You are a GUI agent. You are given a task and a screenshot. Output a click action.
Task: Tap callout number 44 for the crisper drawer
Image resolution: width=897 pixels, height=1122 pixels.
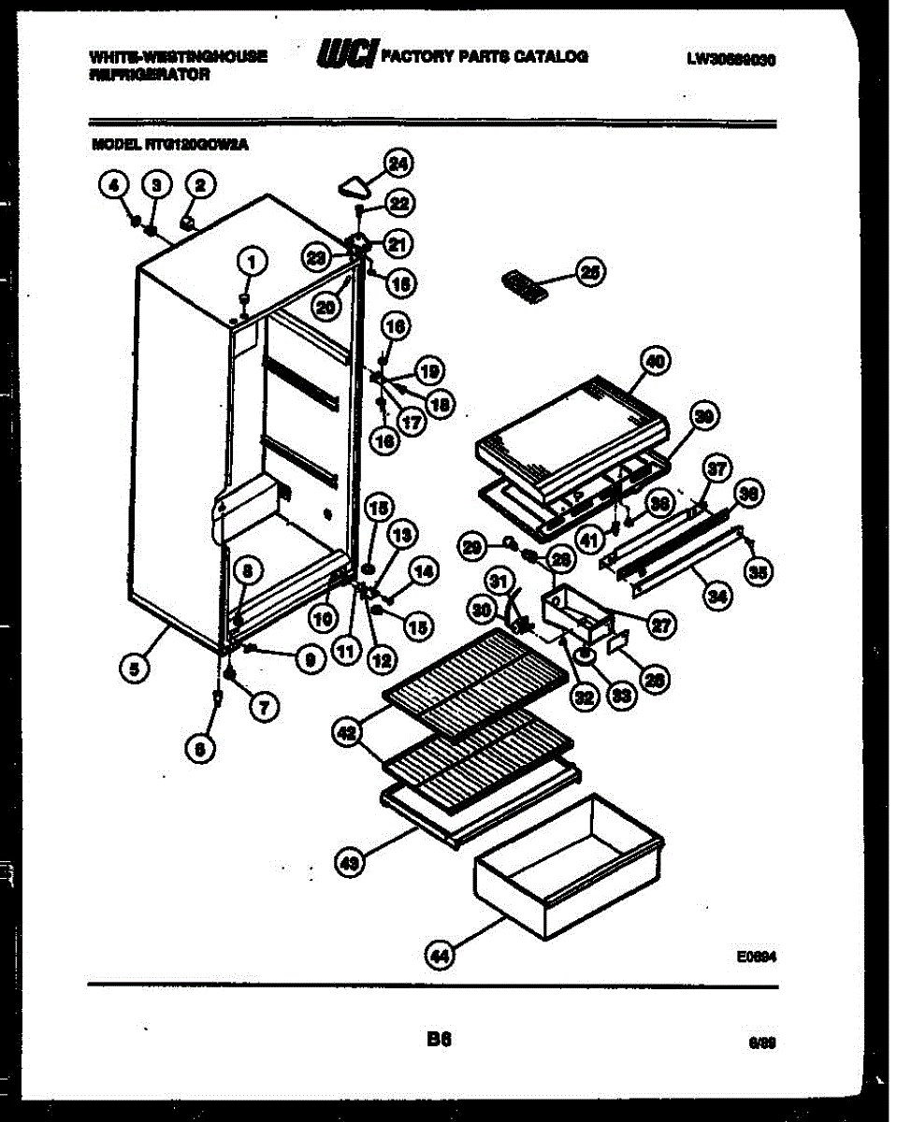[438, 954]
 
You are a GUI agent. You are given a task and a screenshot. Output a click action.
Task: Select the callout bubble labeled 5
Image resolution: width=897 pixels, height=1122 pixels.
[137, 668]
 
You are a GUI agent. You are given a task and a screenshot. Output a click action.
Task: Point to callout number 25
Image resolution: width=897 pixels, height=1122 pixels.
[591, 272]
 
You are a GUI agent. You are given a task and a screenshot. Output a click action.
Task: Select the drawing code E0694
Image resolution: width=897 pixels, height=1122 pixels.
[757, 957]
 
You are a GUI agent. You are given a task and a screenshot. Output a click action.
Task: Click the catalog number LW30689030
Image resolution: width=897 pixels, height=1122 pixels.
[732, 58]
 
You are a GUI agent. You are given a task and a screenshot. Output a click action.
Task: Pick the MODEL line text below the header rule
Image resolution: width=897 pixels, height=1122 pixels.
[170, 145]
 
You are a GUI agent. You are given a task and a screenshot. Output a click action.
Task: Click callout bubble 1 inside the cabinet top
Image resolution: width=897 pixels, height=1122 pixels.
[250, 263]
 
